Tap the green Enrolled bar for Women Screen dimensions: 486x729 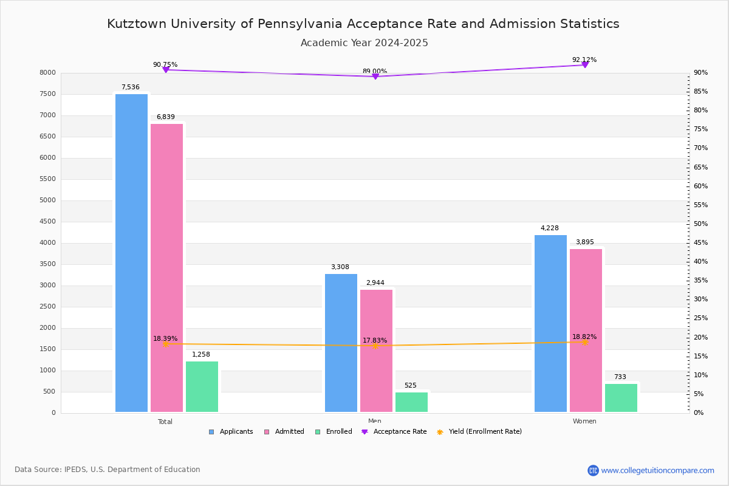pos(621,397)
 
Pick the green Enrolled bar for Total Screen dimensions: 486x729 pos(202,386)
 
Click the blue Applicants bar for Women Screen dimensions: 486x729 pos(550,323)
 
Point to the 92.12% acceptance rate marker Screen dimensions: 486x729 pos(584,64)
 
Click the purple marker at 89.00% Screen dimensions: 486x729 pos(375,77)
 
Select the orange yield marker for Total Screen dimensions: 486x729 pos(165,344)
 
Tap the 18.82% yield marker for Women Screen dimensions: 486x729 pos(584,342)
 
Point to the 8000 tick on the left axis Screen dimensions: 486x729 pos(48,73)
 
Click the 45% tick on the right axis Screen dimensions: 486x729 pos(700,243)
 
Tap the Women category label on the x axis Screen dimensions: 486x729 pos(584,422)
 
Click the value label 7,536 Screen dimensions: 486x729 pos(131,87)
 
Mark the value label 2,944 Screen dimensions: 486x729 pos(375,283)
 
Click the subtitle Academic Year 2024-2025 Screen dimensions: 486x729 pos(364,43)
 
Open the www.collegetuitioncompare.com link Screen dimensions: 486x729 pos(657,470)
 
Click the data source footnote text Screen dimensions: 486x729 pos(108,470)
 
